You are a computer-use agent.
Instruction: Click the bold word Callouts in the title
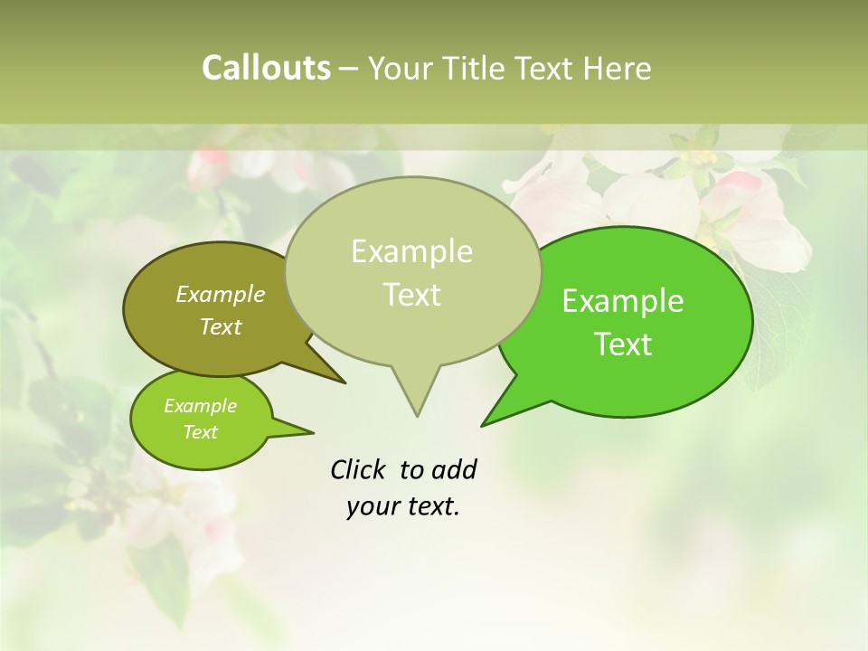coord(266,69)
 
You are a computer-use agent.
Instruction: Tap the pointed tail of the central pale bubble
coord(416,398)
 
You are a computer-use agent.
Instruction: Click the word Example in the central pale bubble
coord(411,251)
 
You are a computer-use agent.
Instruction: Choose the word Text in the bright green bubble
coord(624,344)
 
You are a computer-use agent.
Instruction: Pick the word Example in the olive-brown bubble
coord(221,294)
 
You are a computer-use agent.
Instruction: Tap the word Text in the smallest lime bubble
coord(200,432)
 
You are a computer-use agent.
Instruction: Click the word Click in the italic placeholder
coord(358,469)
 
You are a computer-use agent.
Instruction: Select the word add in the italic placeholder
coord(453,469)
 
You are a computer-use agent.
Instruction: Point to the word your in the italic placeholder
coord(372,507)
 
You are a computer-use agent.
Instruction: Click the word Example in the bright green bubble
coord(623,301)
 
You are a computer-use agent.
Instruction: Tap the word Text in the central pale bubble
coord(411,295)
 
